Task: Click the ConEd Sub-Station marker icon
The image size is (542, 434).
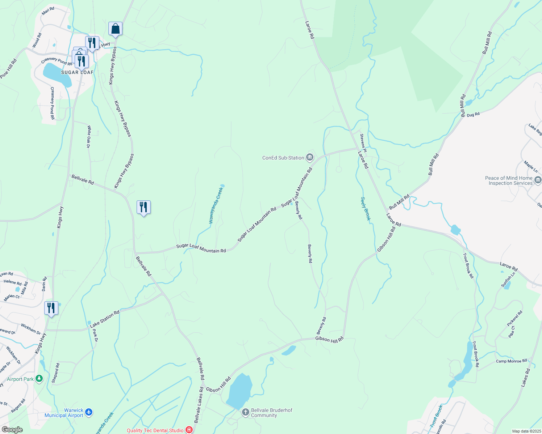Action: (310, 157)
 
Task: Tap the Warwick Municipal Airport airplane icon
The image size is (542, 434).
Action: (89, 412)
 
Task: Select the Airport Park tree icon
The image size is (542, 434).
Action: (39, 379)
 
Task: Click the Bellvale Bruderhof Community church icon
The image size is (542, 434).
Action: (246, 412)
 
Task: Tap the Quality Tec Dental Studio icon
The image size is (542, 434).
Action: (189, 430)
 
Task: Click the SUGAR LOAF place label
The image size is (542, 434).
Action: (77, 72)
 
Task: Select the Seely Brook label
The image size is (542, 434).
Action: (366, 209)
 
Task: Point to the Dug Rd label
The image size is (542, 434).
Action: (473, 115)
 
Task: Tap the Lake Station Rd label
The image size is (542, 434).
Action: (105, 319)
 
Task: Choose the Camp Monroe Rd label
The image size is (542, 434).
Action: (512, 361)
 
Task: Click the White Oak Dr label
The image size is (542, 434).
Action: (88, 137)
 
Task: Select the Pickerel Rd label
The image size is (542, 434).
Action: (515, 318)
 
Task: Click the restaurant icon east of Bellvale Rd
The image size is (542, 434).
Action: (144, 208)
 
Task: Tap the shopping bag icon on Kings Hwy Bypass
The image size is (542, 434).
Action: (115, 29)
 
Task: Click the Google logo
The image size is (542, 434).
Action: (12, 430)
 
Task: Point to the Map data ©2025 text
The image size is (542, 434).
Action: (526, 431)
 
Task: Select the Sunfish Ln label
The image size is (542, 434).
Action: (508, 280)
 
